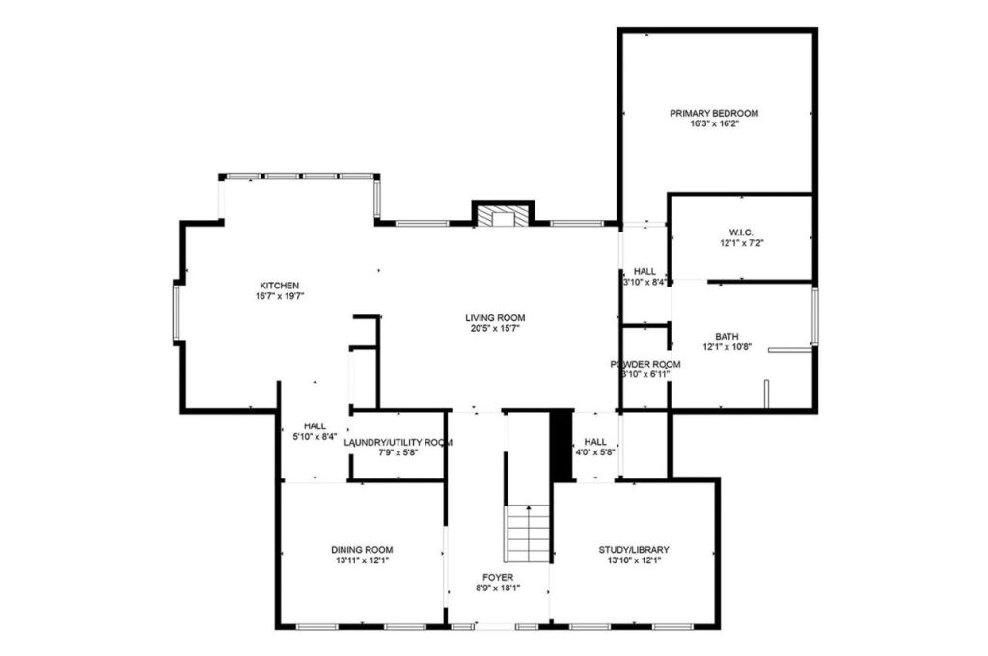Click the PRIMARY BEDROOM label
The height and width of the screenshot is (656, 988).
tap(714, 113)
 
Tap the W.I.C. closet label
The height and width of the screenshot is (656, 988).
tap(741, 232)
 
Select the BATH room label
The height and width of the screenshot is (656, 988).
tap(740, 336)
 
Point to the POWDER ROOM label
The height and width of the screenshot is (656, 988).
tap(645, 364)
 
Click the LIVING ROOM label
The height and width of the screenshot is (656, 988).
tap(496, 316)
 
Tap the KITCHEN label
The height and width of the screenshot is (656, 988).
tap(279, 285)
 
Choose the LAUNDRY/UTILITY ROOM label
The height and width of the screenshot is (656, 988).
tap(398, 442)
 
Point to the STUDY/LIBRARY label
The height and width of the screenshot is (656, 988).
tap(638, 549)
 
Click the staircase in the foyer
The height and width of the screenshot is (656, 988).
tap(528, 533)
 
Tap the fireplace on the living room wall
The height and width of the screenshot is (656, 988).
tap(502, 215)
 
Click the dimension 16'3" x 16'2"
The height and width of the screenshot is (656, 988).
tap(714, 124)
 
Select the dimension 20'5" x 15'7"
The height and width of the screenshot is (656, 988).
tap(496, 328)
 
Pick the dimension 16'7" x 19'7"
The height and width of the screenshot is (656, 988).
tap(279, 296)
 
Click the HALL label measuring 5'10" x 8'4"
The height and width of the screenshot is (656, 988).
tap(315, 425)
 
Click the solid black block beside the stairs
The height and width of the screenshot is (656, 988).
tap(562, 446)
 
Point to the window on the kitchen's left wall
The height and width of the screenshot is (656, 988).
tap(177, 311)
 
